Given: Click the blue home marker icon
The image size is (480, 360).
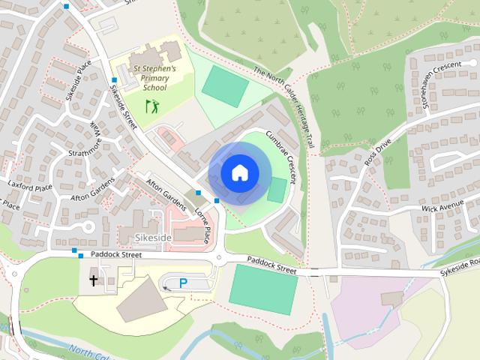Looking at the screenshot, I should click(x=239, y=172).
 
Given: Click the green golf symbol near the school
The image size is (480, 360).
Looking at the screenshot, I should click(x=152, y=106).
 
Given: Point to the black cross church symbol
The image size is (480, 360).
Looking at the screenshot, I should click(x=94, y=281).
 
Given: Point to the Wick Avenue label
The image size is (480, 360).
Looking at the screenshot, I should click(x=443, y=206).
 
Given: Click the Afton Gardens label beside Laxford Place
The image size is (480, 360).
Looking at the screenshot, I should click(x=92, y=187).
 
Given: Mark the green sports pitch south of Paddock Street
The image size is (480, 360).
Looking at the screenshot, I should click(x=262, y=289).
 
